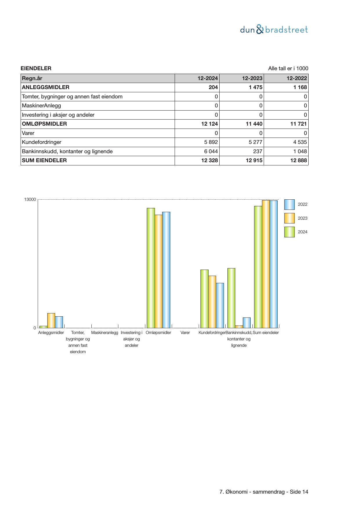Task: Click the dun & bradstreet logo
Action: (x=274, y=30)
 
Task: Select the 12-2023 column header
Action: (x=252, y=78)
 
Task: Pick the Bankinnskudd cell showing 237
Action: (x=257, y=151)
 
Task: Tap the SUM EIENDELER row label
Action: (x=44, y=160)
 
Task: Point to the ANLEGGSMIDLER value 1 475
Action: (x=256, y=87)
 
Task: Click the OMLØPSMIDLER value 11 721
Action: (x=299, y=124)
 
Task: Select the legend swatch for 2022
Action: (x=289, y=205)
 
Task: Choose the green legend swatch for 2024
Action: (x=289, y=232)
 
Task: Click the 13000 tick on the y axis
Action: (x=30, y=200)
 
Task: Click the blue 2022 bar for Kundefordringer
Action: (x=220, y=305)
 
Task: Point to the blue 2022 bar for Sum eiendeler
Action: (x=274, y=264)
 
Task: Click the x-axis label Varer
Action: (x=185, y=333)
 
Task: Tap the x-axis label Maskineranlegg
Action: (x=105, y=333)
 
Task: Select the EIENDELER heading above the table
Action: (x=36, y=68)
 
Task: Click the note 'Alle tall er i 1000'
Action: (x=288, y=68)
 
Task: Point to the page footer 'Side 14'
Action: (x=299, y=492)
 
